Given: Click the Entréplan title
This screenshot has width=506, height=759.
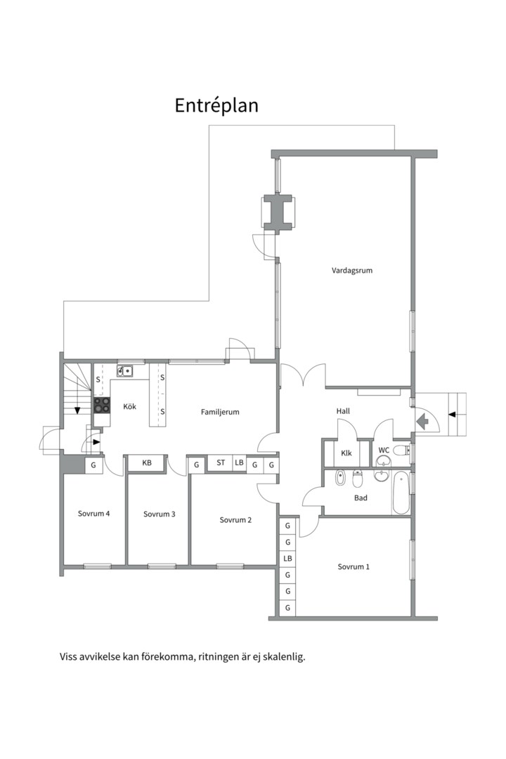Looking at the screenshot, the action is tap(216, 105).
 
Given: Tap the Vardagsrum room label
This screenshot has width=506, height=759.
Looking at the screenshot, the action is tap(352, 271).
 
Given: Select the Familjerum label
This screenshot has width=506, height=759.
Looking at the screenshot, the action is tap(220, 412).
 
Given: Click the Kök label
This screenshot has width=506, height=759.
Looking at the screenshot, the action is tap(130, 407).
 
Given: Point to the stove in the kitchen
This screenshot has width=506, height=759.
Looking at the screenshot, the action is tap(102, 406).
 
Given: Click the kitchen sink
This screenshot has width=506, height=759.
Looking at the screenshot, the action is tap(125, 371).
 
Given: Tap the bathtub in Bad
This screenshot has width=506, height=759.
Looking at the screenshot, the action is tap(401, 493).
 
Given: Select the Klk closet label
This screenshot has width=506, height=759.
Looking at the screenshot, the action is tap(346, 453).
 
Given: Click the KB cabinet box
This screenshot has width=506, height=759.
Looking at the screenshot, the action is tap(147, 462).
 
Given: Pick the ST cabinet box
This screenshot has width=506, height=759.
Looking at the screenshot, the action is tap(220, 462).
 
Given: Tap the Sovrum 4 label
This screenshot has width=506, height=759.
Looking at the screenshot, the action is tap(94, 514).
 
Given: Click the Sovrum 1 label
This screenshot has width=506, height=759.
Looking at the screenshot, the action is tap(353, 567).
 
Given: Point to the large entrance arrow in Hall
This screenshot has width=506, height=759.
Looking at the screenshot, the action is tap(422, 421).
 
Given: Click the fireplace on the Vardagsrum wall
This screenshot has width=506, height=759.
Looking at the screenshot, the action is tap(278, 212).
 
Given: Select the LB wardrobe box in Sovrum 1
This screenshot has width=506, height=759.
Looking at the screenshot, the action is tap(287, 559).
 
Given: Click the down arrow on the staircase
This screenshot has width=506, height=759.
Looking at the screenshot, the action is tap(77, 410).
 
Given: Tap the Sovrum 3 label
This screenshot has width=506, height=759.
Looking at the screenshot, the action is tap(160, 514).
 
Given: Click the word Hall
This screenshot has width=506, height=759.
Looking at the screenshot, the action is tap(343, 411).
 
